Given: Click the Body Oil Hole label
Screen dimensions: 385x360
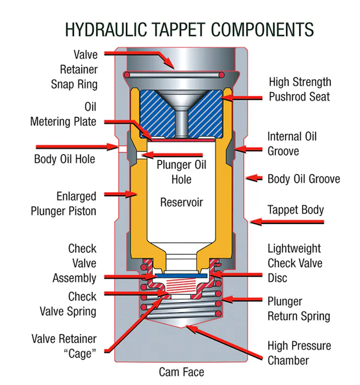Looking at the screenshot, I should [64, 158].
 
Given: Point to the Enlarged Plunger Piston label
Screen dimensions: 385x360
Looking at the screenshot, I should [70, 204].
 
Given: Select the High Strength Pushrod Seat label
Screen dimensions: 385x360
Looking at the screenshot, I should [299, 89].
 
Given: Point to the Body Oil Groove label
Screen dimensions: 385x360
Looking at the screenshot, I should [303, 179].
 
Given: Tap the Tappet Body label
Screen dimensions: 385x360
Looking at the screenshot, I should [296, 210].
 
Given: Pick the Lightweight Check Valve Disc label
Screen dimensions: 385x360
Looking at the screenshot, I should [295, 263].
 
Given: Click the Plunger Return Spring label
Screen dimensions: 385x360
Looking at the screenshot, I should [299, 309].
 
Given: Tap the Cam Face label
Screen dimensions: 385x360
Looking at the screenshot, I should [181, 372].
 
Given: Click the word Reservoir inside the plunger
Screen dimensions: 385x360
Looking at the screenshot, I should [181, 202].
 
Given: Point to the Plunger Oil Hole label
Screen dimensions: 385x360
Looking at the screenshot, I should [182, 172].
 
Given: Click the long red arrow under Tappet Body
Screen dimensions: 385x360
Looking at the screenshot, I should [288, 222].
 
